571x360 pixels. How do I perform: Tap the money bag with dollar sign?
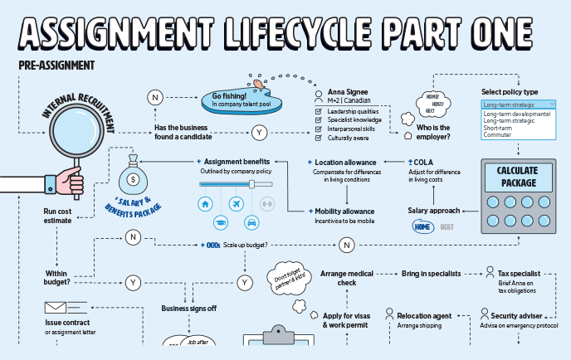click(x=131, y=177)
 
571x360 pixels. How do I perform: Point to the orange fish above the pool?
click(x=260, y=83)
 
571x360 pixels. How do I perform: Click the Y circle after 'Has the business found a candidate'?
click(x=259, y=132)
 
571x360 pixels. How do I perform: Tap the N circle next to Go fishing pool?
click(x=155, y=97)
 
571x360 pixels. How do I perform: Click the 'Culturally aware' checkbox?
click(x=319, y=139)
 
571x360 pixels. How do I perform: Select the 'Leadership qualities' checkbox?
click(x=319, y=111)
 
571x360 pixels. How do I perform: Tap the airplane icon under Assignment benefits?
click(x=236, y=203)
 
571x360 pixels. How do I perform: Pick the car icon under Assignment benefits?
click(x=251, y=222)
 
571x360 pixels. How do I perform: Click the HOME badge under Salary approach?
click(x=423, y=226)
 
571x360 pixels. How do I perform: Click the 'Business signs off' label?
click(x=188, y=309)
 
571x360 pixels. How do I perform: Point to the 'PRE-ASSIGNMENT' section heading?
click(x=56, y=65)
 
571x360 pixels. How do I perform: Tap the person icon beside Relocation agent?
click(x=388, y=315)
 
